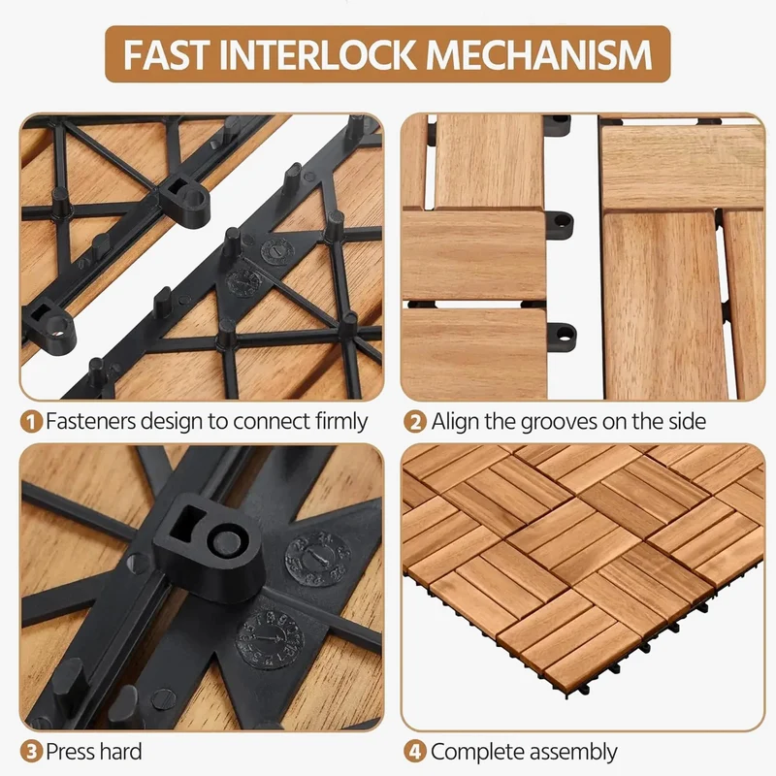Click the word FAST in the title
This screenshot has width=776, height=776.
pos(167,54)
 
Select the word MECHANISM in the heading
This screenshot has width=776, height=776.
pos(538,54)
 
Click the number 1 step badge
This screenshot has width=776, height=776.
pos(31,422)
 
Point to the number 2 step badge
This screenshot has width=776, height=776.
pos(415,422)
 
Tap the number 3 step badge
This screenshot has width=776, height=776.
pos(31,753)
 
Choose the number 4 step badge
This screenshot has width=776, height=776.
pos(415,753)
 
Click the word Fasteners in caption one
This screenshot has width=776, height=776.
pos(90,421)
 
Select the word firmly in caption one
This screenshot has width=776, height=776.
pos(341,421)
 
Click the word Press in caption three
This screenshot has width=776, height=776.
pos(73,752)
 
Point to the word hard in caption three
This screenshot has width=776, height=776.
pos(122,751)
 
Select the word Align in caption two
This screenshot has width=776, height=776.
pos(456,422)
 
